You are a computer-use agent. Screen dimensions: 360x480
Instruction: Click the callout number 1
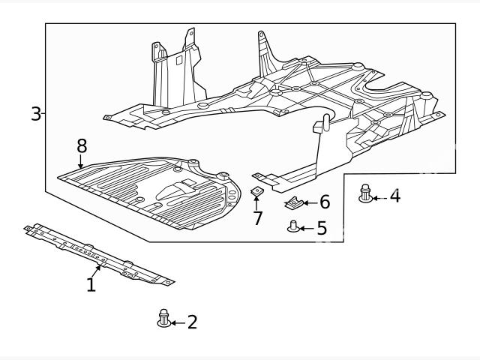click(x=91, y=285)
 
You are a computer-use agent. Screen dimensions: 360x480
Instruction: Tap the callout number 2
click(x=192, y=322)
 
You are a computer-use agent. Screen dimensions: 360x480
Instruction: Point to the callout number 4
click(x=394, y=196)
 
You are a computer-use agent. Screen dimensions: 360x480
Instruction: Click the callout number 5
click(x=322, y=228)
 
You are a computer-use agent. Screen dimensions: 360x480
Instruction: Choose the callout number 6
click(x=324, y=202)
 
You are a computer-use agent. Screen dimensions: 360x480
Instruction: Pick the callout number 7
click(x=257, y=219)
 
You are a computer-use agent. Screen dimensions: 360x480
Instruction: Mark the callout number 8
click(x=81, y=144)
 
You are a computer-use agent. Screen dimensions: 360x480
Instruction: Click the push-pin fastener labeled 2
click(x=163, y=318)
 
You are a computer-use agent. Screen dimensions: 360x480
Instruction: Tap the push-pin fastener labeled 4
click(x=366, y=193)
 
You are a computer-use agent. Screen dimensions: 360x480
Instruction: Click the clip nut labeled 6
click(x=295, y=202)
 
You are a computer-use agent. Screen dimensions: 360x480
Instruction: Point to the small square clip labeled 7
click(x=256, y=193)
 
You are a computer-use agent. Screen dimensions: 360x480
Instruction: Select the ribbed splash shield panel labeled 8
click(x=150, y=191)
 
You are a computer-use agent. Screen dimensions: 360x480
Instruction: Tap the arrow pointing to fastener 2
click(x=177, y=322)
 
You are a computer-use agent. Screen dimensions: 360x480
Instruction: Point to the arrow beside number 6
click(x=311, y=202)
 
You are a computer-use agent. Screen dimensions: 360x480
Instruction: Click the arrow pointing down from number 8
click(x=81, y=160)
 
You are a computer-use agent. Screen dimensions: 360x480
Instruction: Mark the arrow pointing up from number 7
click(x=257, y=204)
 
